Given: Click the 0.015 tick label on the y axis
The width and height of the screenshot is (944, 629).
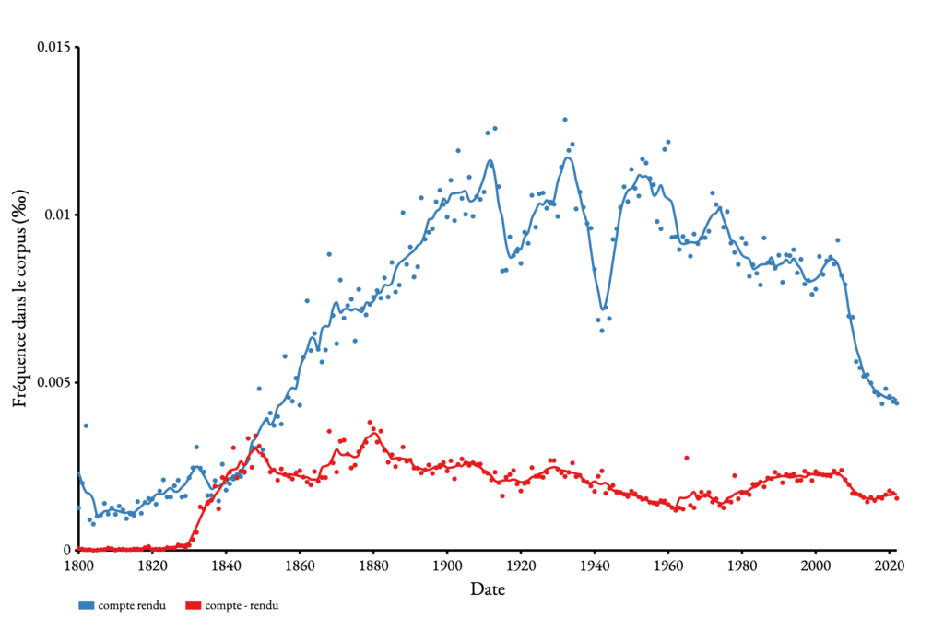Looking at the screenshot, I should click(53, 47).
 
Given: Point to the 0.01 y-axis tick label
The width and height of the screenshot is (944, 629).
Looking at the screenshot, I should click(58, 215).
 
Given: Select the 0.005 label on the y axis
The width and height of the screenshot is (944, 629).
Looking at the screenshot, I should click(53, 382).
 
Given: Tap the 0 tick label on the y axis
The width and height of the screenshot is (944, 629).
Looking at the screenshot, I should click(67, 550).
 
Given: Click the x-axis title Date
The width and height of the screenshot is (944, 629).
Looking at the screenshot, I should click(487, 588).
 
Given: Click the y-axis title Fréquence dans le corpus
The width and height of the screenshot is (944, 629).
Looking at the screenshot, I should click(19, 299).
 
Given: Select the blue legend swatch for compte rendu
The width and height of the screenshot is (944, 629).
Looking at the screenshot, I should click(86, 606).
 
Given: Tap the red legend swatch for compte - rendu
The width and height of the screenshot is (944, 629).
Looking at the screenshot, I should click(194, 606).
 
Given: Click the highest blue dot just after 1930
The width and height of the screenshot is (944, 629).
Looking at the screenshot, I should click(565, 120).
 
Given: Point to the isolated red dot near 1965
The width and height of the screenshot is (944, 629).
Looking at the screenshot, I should click(686, 458).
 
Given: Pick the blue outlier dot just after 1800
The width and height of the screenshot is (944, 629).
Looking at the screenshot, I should click(86, 425).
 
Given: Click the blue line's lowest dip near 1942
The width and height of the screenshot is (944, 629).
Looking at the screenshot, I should click(603, 309).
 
